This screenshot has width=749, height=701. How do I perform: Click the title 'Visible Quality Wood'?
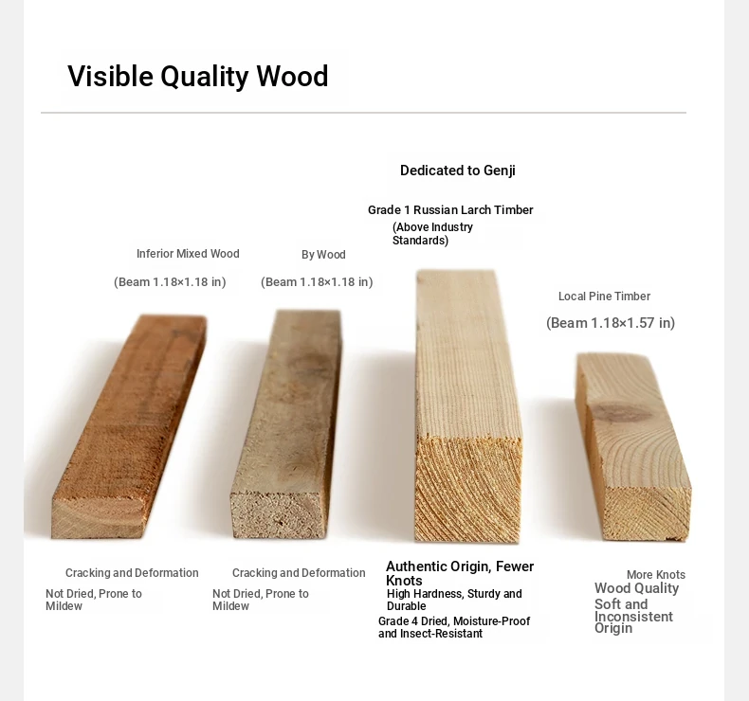[x=198, y=77]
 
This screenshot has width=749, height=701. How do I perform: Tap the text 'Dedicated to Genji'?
[x=458, y=171]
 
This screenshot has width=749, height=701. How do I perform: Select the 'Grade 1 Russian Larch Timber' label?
[x=450, y=210]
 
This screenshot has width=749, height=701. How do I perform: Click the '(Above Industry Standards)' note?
[x=432, y=233]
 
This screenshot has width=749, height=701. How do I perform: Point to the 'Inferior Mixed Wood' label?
[x=188, y=253]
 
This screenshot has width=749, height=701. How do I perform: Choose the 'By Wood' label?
[x=323, y=254]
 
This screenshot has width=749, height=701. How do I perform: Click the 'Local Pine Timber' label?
[x=604, y=297]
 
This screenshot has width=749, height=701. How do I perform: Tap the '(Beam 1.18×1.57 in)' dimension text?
[x=611, y=323]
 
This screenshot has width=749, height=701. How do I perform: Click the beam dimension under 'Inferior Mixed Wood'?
[x=170, y=282]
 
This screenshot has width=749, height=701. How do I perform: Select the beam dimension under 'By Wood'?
[x=317, y=282]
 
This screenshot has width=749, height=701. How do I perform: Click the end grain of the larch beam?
[x=468, y=489]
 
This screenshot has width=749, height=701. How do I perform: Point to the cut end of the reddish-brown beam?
[x=98, y=518]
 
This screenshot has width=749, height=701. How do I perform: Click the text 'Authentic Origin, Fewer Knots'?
[x=460, y=573]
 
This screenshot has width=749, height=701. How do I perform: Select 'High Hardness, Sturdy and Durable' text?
[x=454, y=600]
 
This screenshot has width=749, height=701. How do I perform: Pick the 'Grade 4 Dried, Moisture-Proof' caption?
[x=454, y=621]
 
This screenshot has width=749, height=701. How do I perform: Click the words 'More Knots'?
[x=656, y=575]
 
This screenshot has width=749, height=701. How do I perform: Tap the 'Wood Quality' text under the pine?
[x=636, y=588]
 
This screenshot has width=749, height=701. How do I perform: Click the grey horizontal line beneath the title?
[x=363, y=113]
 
